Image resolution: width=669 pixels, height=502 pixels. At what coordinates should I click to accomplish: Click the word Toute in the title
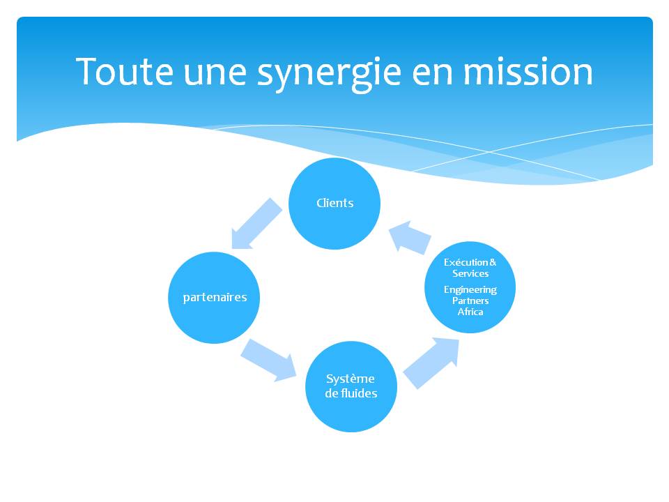click(x=125, y=72)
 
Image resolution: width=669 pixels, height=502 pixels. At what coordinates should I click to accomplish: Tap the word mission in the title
click(x=528, y=72)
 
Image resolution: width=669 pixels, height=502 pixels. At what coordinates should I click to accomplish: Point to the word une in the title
click(x=215, y=75)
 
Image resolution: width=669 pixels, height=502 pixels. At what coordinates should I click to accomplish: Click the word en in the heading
click(x=432, y=75)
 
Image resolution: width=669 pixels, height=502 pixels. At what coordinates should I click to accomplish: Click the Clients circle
click(x=334, y=204)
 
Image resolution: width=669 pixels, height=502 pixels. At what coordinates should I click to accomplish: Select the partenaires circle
click(x=214, y=298)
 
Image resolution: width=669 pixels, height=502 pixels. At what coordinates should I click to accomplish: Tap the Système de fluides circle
click(x=351, y=386)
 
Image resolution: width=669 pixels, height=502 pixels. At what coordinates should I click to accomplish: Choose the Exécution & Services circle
click(x=470, y=287)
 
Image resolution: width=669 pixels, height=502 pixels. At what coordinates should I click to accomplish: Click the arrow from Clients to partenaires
click(x=256, y=224)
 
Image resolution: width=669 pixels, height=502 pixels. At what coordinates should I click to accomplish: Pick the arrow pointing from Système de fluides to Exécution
click(x=431, y=363)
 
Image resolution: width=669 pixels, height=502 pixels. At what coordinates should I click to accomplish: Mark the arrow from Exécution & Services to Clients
click(x=410, y=237)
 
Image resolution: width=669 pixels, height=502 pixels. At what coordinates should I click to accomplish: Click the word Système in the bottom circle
click(x=351, y=379)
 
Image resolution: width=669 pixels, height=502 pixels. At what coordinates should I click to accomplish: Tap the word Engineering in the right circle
click(x=470, y=290)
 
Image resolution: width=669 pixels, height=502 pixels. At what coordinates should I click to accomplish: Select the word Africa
click(x=470, y=312)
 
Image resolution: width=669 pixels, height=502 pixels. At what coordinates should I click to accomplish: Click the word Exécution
click(x=466, y=262)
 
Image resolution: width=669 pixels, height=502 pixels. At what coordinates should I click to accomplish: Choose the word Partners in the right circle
click(x=470, y=301)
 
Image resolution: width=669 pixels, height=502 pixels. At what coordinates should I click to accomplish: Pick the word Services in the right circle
click(x=470, y=273)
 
